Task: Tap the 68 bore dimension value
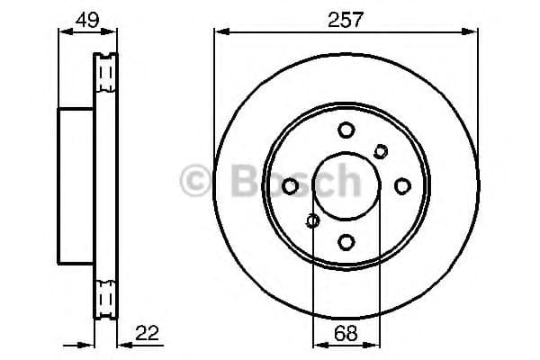[346, 333]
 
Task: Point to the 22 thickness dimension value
[146, 333]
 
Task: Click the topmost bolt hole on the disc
[346, 130]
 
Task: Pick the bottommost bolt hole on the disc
[346, 241]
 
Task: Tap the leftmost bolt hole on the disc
[291, 185]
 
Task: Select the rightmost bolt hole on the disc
[402, 185]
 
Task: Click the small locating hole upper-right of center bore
[380, 151]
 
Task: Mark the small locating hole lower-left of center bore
[313, 220]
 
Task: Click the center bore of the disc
[346, 185]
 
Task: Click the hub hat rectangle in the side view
[76, 185]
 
